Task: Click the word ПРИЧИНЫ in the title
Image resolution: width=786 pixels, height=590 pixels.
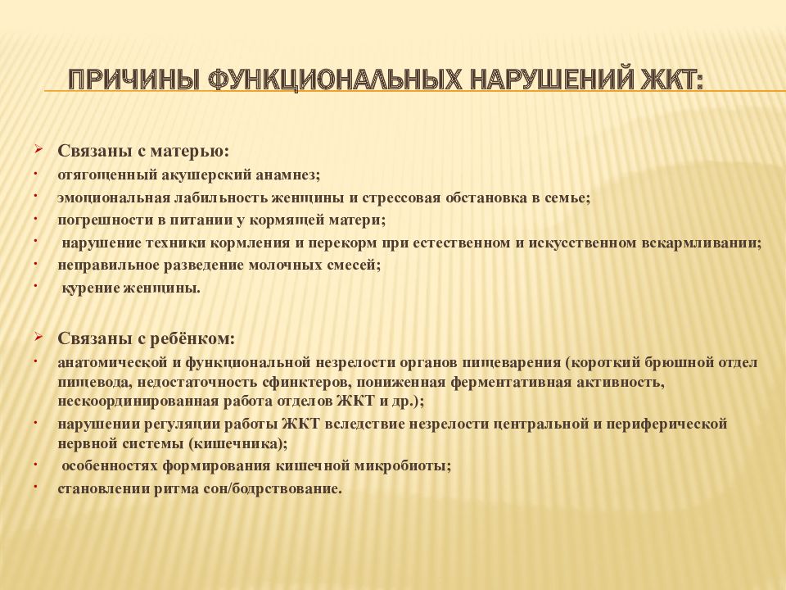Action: (x=133, y=81)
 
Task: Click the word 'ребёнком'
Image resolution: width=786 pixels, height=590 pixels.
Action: (x=199, y=338)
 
